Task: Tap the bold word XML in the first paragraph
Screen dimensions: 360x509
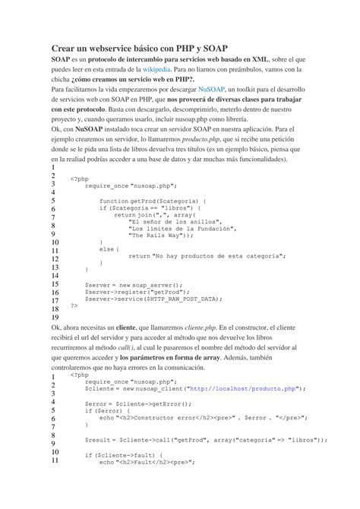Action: click(x=261, y=58)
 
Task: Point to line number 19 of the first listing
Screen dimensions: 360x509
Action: click(x=54, y=318)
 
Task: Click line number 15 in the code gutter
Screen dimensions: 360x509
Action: click(x=54, y=285)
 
